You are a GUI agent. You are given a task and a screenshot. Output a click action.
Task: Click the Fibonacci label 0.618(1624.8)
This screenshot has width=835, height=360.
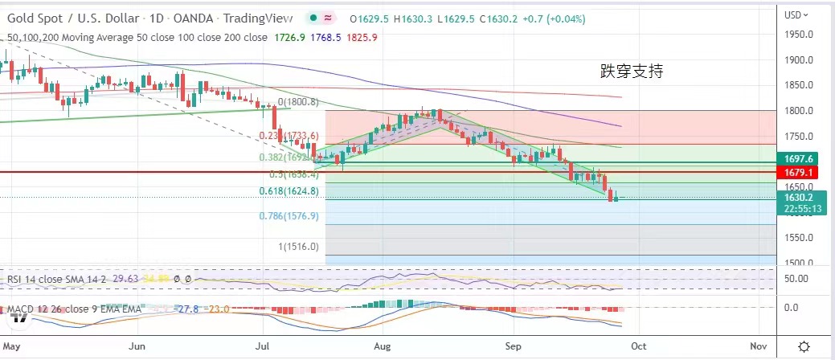pyautogui.click(x=289, y=191)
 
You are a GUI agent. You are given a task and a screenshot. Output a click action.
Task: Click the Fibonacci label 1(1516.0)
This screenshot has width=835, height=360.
pyautogui.click(x=299, y=247)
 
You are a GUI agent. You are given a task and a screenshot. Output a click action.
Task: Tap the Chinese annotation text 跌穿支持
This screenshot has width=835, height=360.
pyautogui.click(x=632, y=71)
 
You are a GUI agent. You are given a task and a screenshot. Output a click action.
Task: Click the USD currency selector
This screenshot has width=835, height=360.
pyautogui.click(x=796, y=14)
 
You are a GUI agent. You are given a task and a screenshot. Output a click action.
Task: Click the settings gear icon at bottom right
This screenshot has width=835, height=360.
pyautogui.click(x=804, y=346)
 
